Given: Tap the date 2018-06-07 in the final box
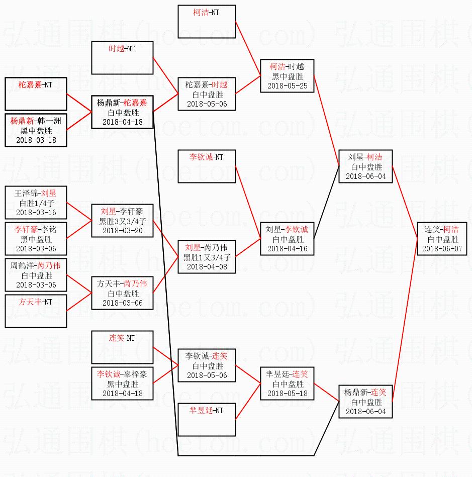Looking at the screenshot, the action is coord(442,249).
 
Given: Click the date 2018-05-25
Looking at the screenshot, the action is coord(288,86).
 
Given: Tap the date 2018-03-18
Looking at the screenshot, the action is coord(36,140).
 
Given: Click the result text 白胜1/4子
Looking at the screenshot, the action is coord(37,203).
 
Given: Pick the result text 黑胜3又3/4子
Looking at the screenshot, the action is coord(122,221).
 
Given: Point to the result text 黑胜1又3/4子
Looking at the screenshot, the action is coord(207,258).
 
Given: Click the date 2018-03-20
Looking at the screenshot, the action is coord(122,231).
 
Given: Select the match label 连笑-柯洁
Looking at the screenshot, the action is coord(441,229).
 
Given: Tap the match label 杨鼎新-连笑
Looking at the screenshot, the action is coord(365,393).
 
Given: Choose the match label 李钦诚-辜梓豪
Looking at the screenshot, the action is coord(122,374).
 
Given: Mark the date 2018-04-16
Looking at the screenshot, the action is coord(288,249).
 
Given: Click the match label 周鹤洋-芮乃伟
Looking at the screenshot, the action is coord(35,265).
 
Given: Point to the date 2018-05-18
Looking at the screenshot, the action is coord(288,394).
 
